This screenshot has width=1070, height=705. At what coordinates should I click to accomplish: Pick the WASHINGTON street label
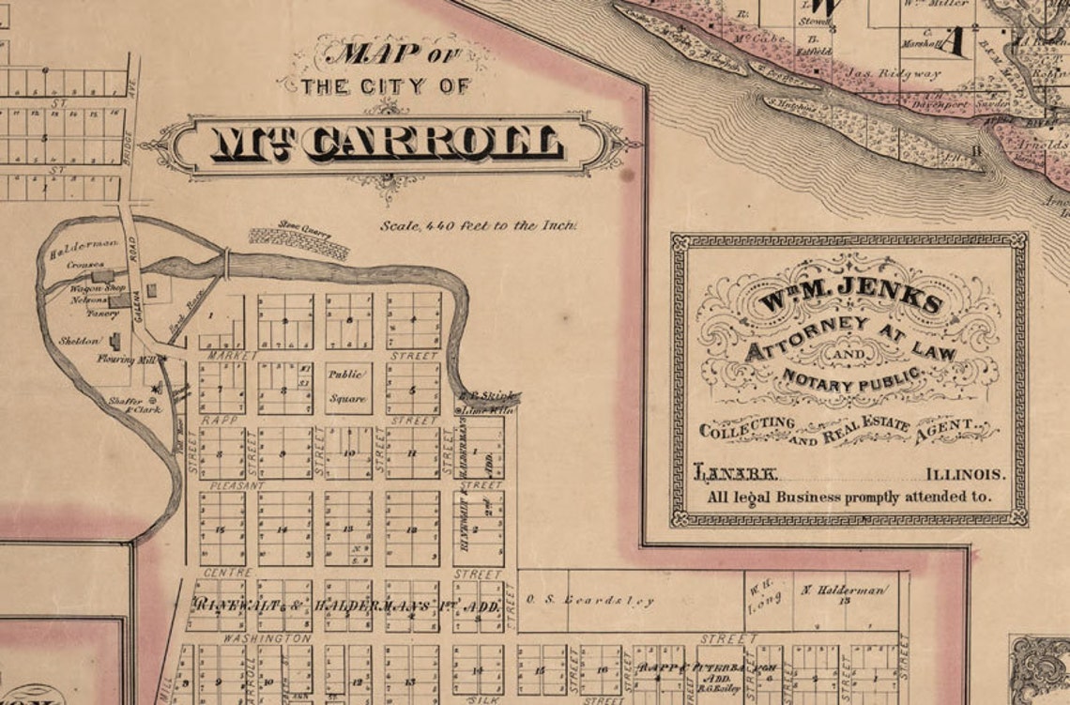[253, 638]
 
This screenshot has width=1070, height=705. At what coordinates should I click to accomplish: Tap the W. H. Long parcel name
[758, 599]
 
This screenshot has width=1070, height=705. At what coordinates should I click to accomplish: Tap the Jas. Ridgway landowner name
[894, 74]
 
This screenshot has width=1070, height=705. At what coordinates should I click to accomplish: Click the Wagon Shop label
[97, 288]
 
